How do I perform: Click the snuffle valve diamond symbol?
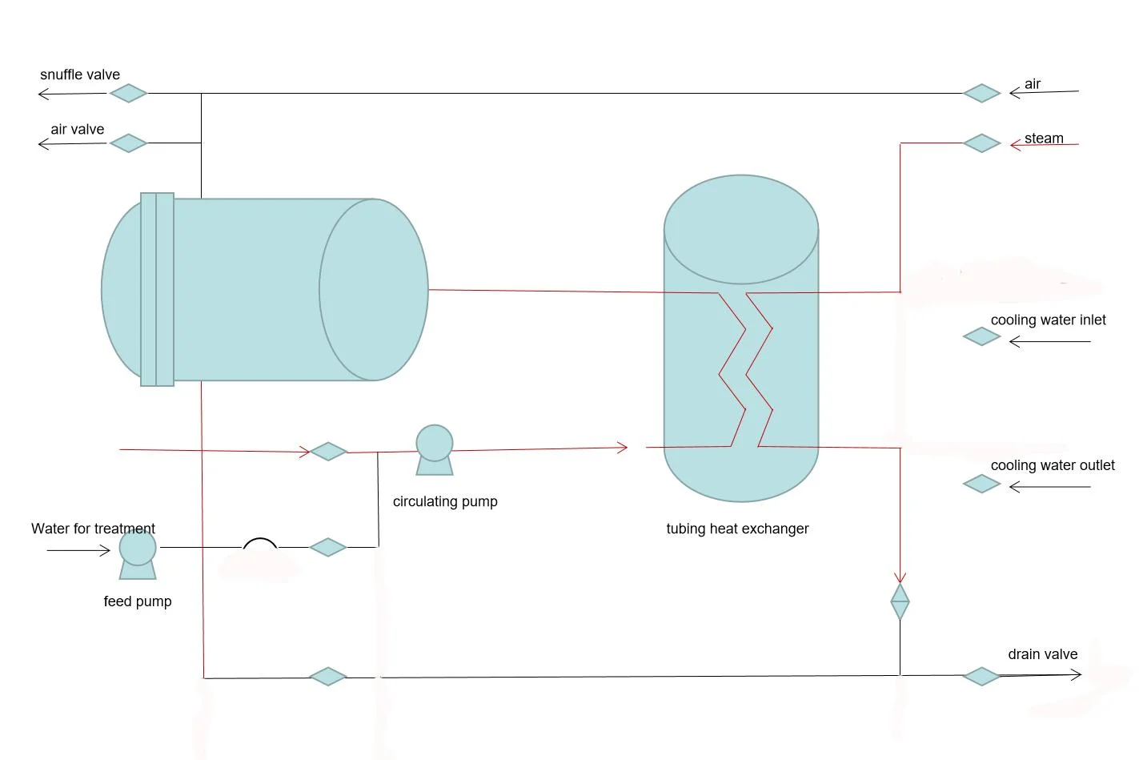coord(128,94)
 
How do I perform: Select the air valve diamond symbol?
coord(128,143)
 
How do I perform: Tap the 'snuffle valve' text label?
coord(80,74)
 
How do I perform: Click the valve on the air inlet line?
coord(981,94)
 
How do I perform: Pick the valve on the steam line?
coord(981,143)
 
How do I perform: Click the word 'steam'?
coord(1044,139)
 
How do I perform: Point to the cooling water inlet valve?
coord(981,337)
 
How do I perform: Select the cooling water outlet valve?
coord(981,484)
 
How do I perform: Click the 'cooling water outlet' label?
coord(1052,465)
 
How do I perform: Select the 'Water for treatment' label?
coord(93,529)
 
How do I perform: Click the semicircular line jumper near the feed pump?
coord(260,544)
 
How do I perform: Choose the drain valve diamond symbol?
coord(981,677)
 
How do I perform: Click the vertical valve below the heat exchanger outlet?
coord(900,601)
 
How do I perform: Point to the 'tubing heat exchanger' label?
coord(737,529)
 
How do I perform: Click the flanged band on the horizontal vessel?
coord(157,289)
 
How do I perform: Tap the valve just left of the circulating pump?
coord(328,452)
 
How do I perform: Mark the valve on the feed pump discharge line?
coord(328,548)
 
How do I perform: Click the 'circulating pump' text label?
coord(445,501)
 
